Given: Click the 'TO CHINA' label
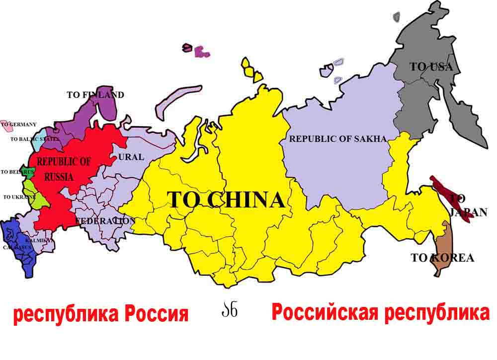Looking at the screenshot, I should click(x=226, y=200).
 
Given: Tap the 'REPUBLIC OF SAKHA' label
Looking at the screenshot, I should click(x=338, y=139).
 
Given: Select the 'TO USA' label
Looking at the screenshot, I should click(x=431, y=67).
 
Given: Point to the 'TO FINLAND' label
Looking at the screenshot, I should click(x=95, y=95).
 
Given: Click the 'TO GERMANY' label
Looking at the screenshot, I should click(x=19, y=124).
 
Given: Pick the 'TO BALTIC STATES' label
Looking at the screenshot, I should click(x=34, y=139).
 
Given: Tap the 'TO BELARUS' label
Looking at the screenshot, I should click(x=17, y=172).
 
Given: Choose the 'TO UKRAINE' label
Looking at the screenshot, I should click(x=18, y=197).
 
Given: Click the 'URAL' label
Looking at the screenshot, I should click(x=131, y=157).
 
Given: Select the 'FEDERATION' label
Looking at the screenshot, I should click(x=105, y=220).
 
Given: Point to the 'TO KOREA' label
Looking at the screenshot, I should click(x=442, y=258).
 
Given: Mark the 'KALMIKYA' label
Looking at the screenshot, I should click(x=39, y=240).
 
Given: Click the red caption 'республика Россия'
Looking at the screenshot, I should click(x=101, y=315).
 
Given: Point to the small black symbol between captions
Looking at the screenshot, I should click(x=229, y=310).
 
